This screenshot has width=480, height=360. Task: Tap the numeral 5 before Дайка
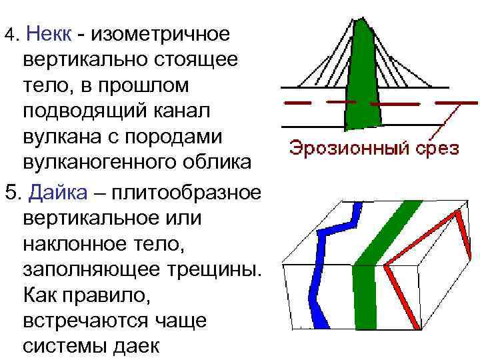(x=10, y=193)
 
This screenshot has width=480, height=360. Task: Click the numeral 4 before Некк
(x=9, y=33)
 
